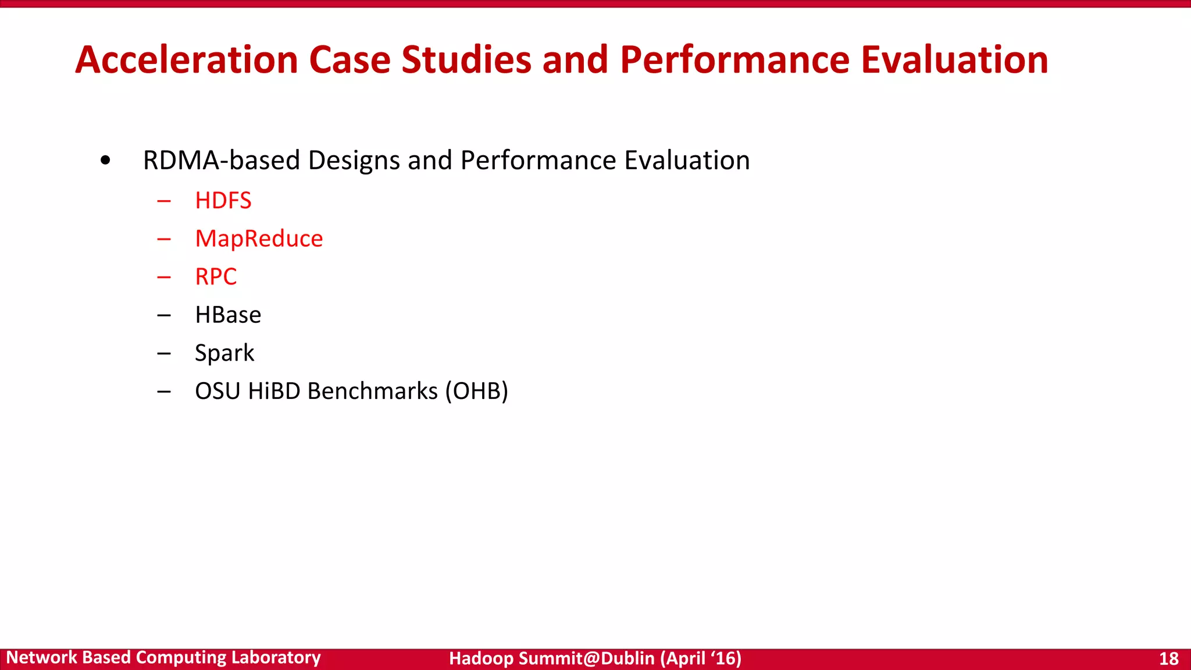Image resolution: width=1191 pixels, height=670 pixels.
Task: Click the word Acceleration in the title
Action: (x=187, y=60)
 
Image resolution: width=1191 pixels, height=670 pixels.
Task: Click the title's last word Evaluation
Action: (x=954, y=60)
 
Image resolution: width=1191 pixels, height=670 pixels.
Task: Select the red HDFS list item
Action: (x=223, y=201)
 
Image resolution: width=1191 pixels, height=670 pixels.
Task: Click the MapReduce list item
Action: (x=259, y=239)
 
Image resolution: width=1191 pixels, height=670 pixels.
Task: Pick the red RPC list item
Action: (x=216, y=277)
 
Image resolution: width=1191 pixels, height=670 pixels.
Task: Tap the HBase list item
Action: (x=228, y=315)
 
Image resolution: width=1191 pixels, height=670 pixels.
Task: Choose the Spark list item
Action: (x=224, y=353)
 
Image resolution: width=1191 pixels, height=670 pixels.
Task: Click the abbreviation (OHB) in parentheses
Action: (x=477, y=391)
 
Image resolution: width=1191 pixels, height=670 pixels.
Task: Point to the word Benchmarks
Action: (x=372, y=391)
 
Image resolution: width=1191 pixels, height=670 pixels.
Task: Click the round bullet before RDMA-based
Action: (x=105, y=161)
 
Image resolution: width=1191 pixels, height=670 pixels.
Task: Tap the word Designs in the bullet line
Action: (x=354, y=161)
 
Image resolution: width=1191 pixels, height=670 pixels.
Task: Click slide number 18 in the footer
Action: (x=1168, y=658)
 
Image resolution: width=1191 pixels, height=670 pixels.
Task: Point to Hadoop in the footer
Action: (x=481, y=658)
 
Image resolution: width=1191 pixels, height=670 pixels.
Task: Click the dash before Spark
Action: (x=164, y=354)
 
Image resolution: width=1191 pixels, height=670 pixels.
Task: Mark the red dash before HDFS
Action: (x=164, y=201)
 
